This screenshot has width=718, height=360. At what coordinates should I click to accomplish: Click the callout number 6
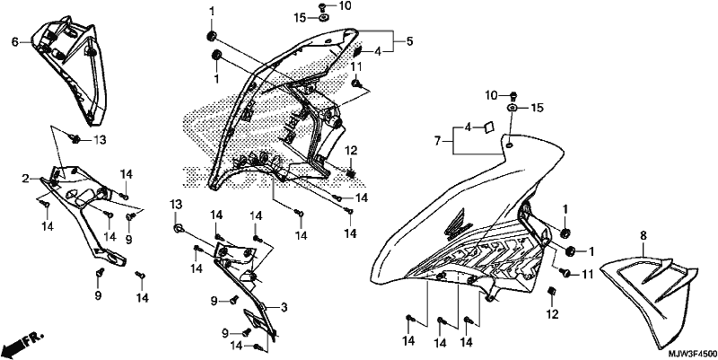click(x=15, y=41)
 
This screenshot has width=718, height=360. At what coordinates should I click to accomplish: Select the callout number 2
click(x=26, y=178)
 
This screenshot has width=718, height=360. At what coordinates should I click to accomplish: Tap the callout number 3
click(x=284, y=308)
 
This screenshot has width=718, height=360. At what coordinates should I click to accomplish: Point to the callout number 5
click(x=409, y=41)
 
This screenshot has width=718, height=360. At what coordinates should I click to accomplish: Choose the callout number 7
click(x=438, y=142)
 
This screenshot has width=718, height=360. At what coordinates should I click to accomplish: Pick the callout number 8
click(x=644, y=236)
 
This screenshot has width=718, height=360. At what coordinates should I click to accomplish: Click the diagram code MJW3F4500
click(x=692, y=354)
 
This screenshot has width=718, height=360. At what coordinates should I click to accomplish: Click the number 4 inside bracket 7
click(x=468, y=127)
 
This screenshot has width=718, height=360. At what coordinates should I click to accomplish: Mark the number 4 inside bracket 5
click(x=377, y=52)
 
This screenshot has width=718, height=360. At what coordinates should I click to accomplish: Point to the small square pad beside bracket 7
click(x=488, y=127)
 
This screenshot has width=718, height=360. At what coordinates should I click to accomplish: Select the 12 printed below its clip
click(x=552, y=314)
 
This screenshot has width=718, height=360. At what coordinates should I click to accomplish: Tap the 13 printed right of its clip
click(x=101, y=140)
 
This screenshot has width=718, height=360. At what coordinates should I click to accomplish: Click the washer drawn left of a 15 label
click(x=512, y=108)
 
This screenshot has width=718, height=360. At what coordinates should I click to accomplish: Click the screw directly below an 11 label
click(x=355, y=83)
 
